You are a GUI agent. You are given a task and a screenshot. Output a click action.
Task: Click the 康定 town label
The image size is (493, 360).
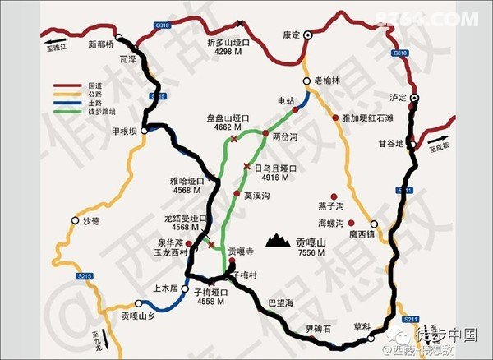click(x=291, y=35)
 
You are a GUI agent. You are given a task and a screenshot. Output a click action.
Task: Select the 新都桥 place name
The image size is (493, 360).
click(x=103, y=44)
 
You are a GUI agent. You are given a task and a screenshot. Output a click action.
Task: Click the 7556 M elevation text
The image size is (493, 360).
click(x=310, y=253)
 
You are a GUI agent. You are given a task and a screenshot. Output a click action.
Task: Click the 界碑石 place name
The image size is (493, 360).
click(x=318, y=329)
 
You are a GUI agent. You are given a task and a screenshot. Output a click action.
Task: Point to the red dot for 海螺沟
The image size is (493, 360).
click(x=352, y=223)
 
